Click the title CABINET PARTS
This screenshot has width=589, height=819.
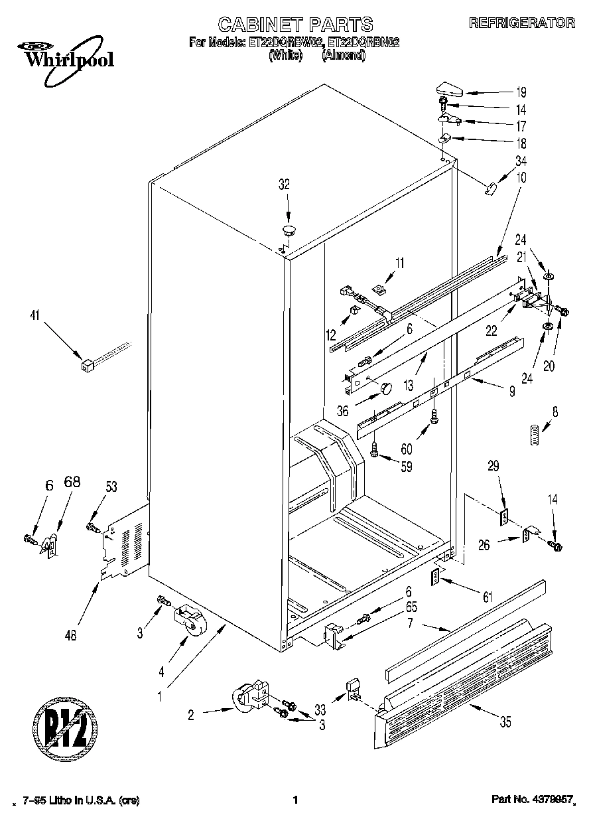295,25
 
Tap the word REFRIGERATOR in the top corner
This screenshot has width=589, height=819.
521,23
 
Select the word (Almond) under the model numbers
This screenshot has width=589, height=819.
343,56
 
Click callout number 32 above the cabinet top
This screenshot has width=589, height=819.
284,185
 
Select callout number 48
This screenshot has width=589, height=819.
71,634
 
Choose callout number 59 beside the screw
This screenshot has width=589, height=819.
405,467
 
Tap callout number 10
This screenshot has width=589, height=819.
521,177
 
